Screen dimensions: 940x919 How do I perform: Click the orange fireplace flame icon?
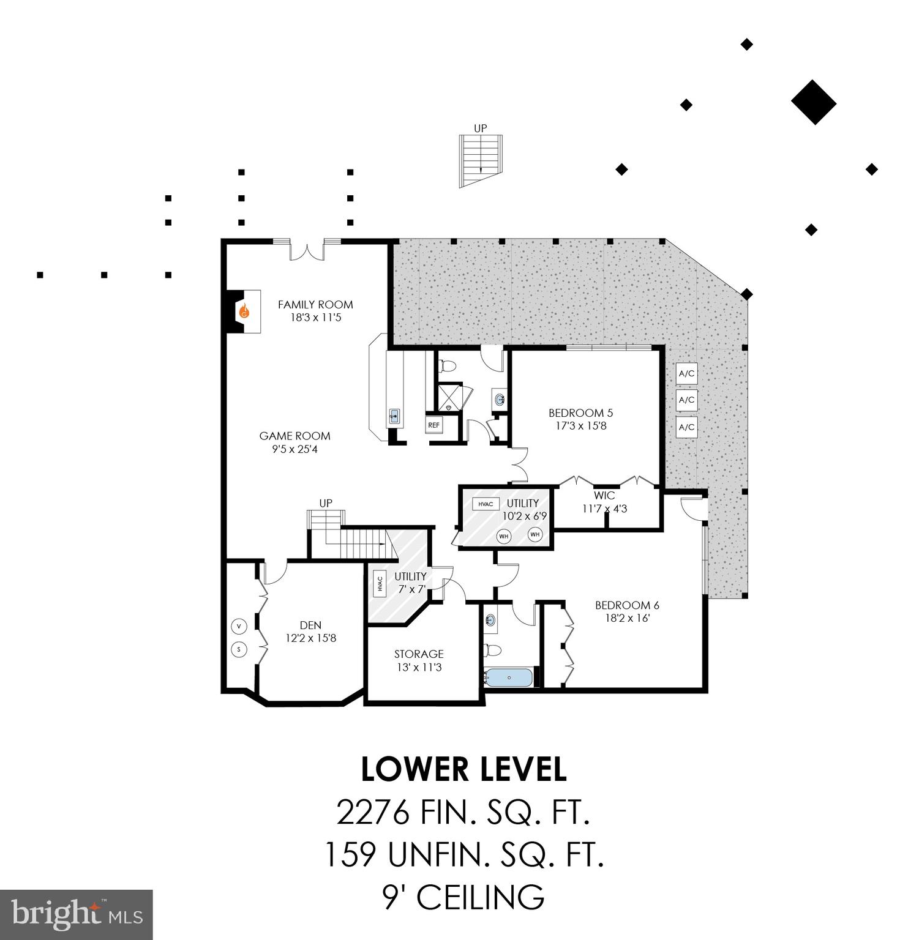tap(244, 311)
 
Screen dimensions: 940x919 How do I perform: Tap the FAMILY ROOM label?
tap(315, 304)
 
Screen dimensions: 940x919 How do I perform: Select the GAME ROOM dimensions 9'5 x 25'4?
tap(295, 449)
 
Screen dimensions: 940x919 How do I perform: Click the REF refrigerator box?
tap(433, 425)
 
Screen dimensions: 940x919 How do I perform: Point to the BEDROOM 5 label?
tap(580, 412)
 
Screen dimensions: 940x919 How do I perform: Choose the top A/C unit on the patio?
tap(687, 373)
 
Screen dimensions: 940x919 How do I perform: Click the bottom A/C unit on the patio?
tap(687, 427)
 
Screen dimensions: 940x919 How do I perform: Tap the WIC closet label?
tap(604, 495)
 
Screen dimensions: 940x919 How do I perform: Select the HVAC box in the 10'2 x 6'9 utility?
tap(486, 504)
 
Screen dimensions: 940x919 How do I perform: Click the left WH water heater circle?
tap(504, 537)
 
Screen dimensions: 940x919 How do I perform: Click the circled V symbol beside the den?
tap(239, 627)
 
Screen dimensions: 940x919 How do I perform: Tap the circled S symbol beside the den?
tap(239, 649)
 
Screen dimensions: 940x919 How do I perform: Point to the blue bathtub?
tap(509, 677)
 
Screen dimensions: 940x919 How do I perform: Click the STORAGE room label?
tap(419, 654)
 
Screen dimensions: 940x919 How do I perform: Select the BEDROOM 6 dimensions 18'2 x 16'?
tap(627, 618)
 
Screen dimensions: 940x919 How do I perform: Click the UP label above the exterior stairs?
tap(480, 129)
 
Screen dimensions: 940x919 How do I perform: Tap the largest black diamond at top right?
tap(814, 102)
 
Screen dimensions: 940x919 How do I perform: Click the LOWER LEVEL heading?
tap(463, 770)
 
